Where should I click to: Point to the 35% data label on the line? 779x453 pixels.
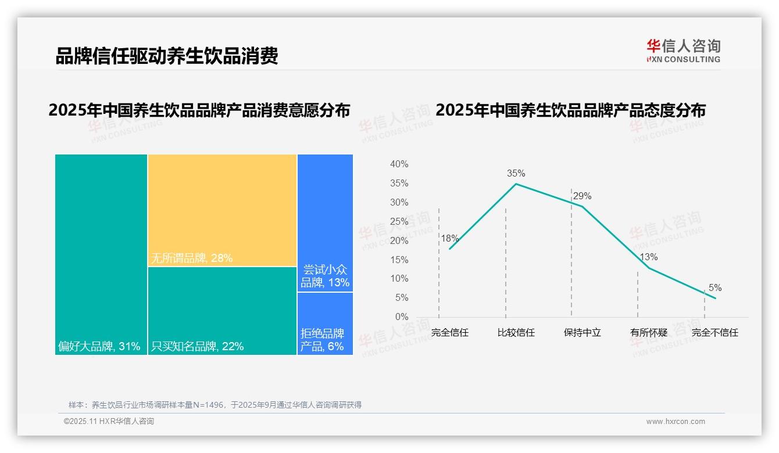[x=516, y=173]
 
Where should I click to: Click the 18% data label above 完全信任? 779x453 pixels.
[x=449, y=238]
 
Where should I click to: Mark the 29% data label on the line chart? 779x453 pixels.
[x=582, y=196]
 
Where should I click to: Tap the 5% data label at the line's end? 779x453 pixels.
[x=714, y=287]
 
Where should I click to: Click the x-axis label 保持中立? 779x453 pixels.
[x=582, y=333]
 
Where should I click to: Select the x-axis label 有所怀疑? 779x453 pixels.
[x=648, y=333]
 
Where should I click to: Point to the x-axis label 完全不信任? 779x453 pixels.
[x=714, y=333]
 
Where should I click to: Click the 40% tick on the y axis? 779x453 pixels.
[x=399, y=164]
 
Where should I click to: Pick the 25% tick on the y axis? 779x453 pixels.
[x=399, y=221]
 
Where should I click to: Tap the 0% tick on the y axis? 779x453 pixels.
[x=401, y=317]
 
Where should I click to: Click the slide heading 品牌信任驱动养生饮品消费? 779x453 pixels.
[x=167, y=56]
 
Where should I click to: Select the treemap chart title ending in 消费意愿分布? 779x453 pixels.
[x=199, y=110]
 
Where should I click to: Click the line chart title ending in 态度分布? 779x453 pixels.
[x=570, y=110]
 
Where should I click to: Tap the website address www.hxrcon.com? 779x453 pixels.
[x=676, y=422]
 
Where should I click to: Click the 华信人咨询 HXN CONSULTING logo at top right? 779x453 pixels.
[x=683, y=51]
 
